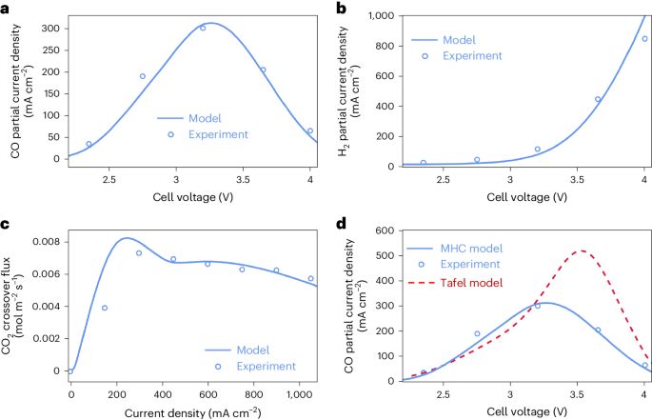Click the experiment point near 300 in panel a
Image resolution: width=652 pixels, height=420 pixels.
point(203,28)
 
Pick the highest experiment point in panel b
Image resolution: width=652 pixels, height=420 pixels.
point(644,39)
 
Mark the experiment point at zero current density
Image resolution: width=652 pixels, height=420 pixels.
point(70,370)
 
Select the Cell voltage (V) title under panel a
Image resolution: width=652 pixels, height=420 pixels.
point(189,196)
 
